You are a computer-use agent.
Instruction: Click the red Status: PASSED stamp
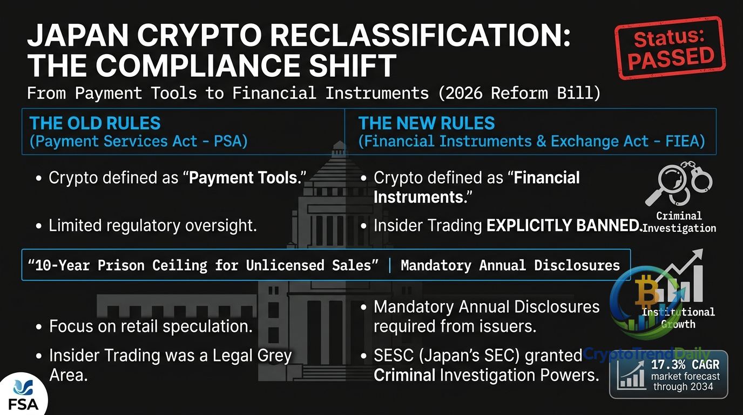(670, 48)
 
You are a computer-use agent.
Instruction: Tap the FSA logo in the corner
(23, 395)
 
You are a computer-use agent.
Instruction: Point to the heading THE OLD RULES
(95, 123)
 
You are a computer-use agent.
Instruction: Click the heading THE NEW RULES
(426, 123)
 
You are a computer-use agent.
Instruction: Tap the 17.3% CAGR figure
(685, 365)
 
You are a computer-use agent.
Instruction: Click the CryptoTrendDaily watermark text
(646, 354)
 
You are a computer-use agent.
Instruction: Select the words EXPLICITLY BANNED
(564, 225)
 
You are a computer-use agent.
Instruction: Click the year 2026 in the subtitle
(464, 93)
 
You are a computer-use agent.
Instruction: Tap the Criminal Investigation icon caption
(679, 222)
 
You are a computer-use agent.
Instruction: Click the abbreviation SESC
(394, 356)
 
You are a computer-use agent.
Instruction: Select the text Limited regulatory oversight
(153, 226)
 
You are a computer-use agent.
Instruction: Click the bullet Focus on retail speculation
(151, 326)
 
